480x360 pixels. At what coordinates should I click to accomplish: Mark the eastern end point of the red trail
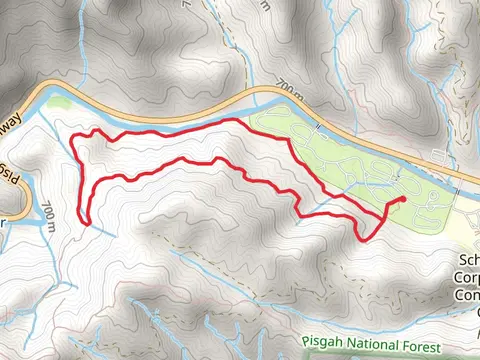click(402, 199)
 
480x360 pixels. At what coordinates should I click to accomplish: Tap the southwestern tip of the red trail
click(83, 221)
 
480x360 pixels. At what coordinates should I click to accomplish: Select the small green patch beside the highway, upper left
click(60, 102)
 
